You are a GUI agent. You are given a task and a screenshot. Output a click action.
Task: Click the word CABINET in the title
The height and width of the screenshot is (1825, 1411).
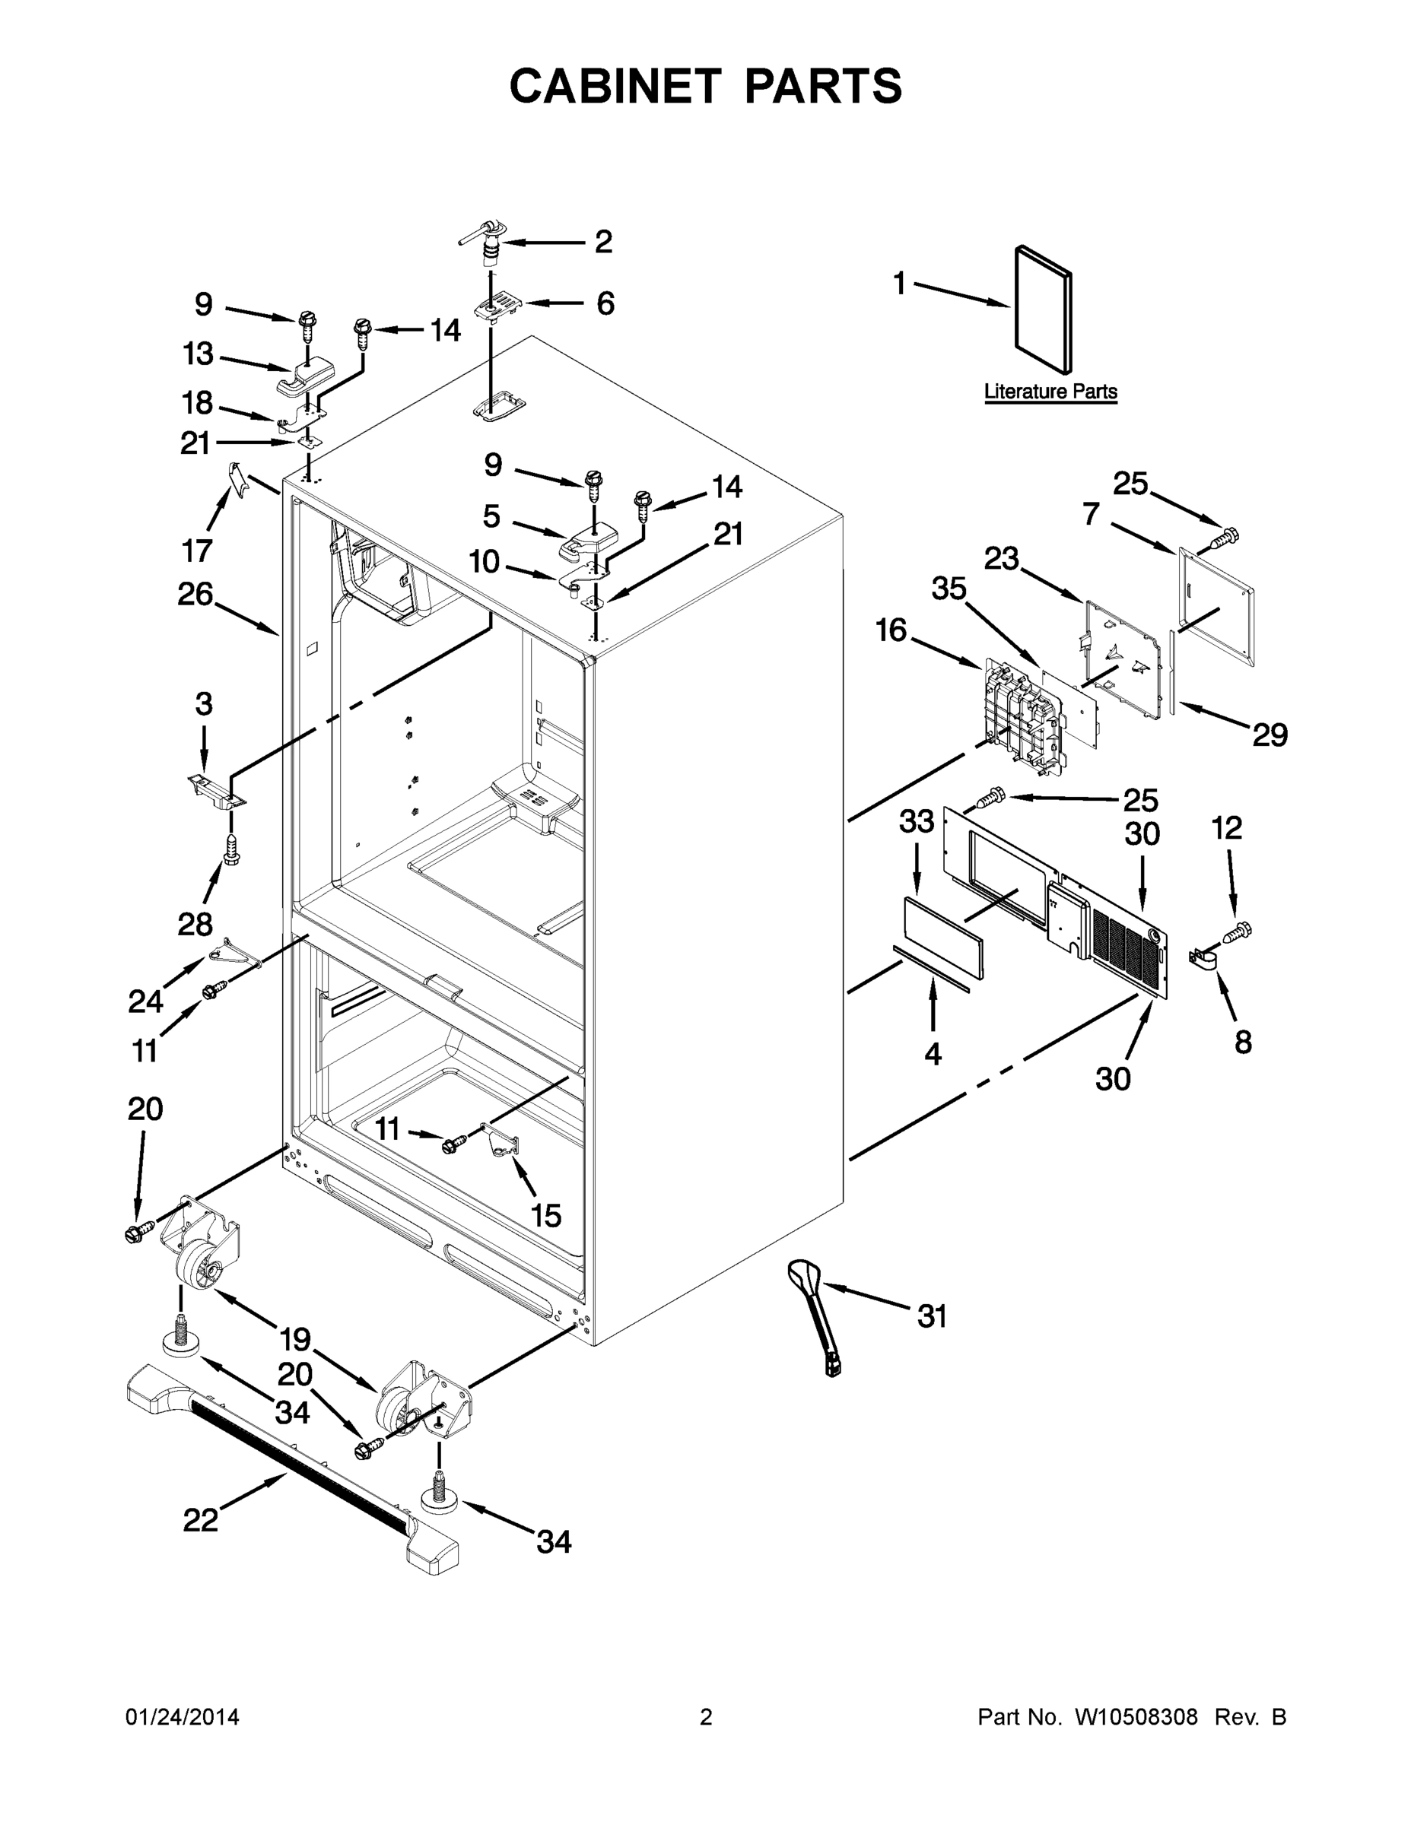[x=615, y=86]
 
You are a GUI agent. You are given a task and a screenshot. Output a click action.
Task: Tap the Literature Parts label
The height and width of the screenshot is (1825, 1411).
[x=1050, y=391]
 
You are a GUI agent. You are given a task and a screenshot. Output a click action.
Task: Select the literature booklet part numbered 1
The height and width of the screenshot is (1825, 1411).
[x=1042, y=309]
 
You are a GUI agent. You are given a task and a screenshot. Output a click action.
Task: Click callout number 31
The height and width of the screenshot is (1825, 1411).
[x=932, y=1317]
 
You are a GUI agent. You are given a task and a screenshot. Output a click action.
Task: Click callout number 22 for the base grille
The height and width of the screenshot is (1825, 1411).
[x=201, y=1520]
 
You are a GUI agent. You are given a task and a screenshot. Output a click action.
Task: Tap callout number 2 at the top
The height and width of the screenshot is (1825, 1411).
[x=603, y=242]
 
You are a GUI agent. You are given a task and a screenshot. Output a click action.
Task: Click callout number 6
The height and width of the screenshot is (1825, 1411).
[x=605, y=303]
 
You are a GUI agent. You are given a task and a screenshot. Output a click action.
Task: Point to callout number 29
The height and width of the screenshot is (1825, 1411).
[x=1269, y=735]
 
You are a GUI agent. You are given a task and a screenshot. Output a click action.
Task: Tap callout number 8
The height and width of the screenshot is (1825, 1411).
[x=1243, y=1041]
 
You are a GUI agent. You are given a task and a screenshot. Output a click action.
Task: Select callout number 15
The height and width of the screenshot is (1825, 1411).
[x=546, y=1216]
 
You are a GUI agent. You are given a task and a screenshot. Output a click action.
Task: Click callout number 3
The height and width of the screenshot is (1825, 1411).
[x=204, y=703]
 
